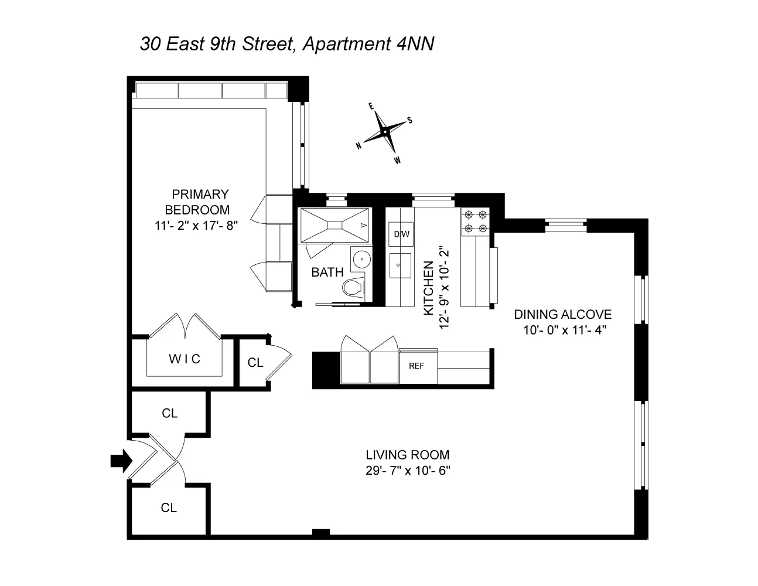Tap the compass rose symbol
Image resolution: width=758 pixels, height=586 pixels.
click(x=384, y=132)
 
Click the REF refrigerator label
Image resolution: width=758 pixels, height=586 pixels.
click(x=416, y=366)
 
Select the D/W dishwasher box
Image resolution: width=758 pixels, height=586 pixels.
click(x=401, y=234)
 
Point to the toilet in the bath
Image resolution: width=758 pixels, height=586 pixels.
click(x=353, y=289)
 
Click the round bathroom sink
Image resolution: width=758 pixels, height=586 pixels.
click(x=361, y=258)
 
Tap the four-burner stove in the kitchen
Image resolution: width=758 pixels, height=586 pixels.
click(x=475, y=222)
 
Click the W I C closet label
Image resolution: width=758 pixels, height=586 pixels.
click(x=185, y=359)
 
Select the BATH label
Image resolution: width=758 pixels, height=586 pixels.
click(x=327, y=272)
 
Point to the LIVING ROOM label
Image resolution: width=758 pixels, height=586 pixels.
click(x=408, y=455)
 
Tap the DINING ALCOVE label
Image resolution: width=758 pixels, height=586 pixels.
click(x=562, y=315)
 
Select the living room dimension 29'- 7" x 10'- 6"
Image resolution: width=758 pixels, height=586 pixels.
click(x=408, y=470)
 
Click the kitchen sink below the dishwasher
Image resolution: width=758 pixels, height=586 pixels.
click(x=401, y=267)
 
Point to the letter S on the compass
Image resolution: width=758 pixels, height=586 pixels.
click(x=410, y=120)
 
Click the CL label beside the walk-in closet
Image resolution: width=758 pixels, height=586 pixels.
click(x=255, y=363)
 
